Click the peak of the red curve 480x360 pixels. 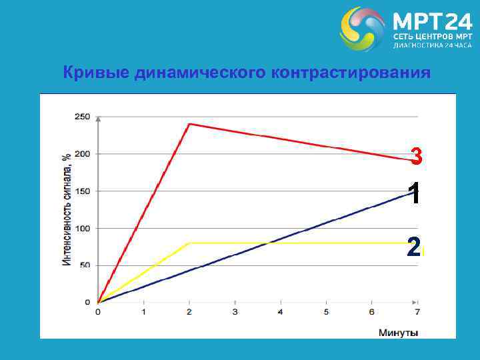point(189,124)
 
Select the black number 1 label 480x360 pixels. point(415,194)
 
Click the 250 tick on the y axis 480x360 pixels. point(82,117)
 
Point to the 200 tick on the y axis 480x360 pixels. point(82,154)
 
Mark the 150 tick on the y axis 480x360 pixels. point(82,191)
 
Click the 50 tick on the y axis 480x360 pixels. point(85,265)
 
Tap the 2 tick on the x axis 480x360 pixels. point(189,311)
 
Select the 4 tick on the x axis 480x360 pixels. point(280,311)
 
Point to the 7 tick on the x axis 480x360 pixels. point(417,311)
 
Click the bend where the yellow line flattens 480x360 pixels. point(189,243)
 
